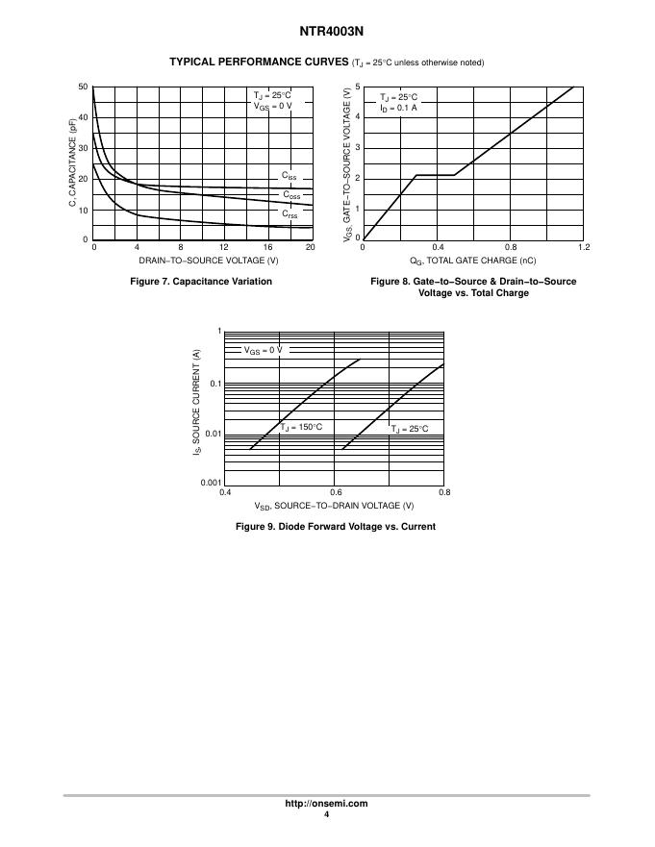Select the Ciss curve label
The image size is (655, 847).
point(290,176)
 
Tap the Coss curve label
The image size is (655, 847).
point(290,195)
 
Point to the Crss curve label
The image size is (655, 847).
point(290,214)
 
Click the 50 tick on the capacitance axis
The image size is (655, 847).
point(84,87)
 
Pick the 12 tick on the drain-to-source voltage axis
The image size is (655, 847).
point(224,248)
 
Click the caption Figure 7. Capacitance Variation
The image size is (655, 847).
point(201,281)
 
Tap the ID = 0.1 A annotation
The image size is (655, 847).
point(398,108)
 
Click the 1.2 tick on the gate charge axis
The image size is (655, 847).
point(583,248)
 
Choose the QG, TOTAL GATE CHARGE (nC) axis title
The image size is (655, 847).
point(473,261)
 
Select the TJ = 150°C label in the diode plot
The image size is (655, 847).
point(301,426)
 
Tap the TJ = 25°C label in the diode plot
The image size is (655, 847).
point(410,429)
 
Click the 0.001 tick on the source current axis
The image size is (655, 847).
point(211,483)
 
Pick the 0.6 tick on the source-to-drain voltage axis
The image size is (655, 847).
point(335,492)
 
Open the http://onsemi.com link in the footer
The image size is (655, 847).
point(327,804)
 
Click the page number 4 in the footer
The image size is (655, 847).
point(327,814)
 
